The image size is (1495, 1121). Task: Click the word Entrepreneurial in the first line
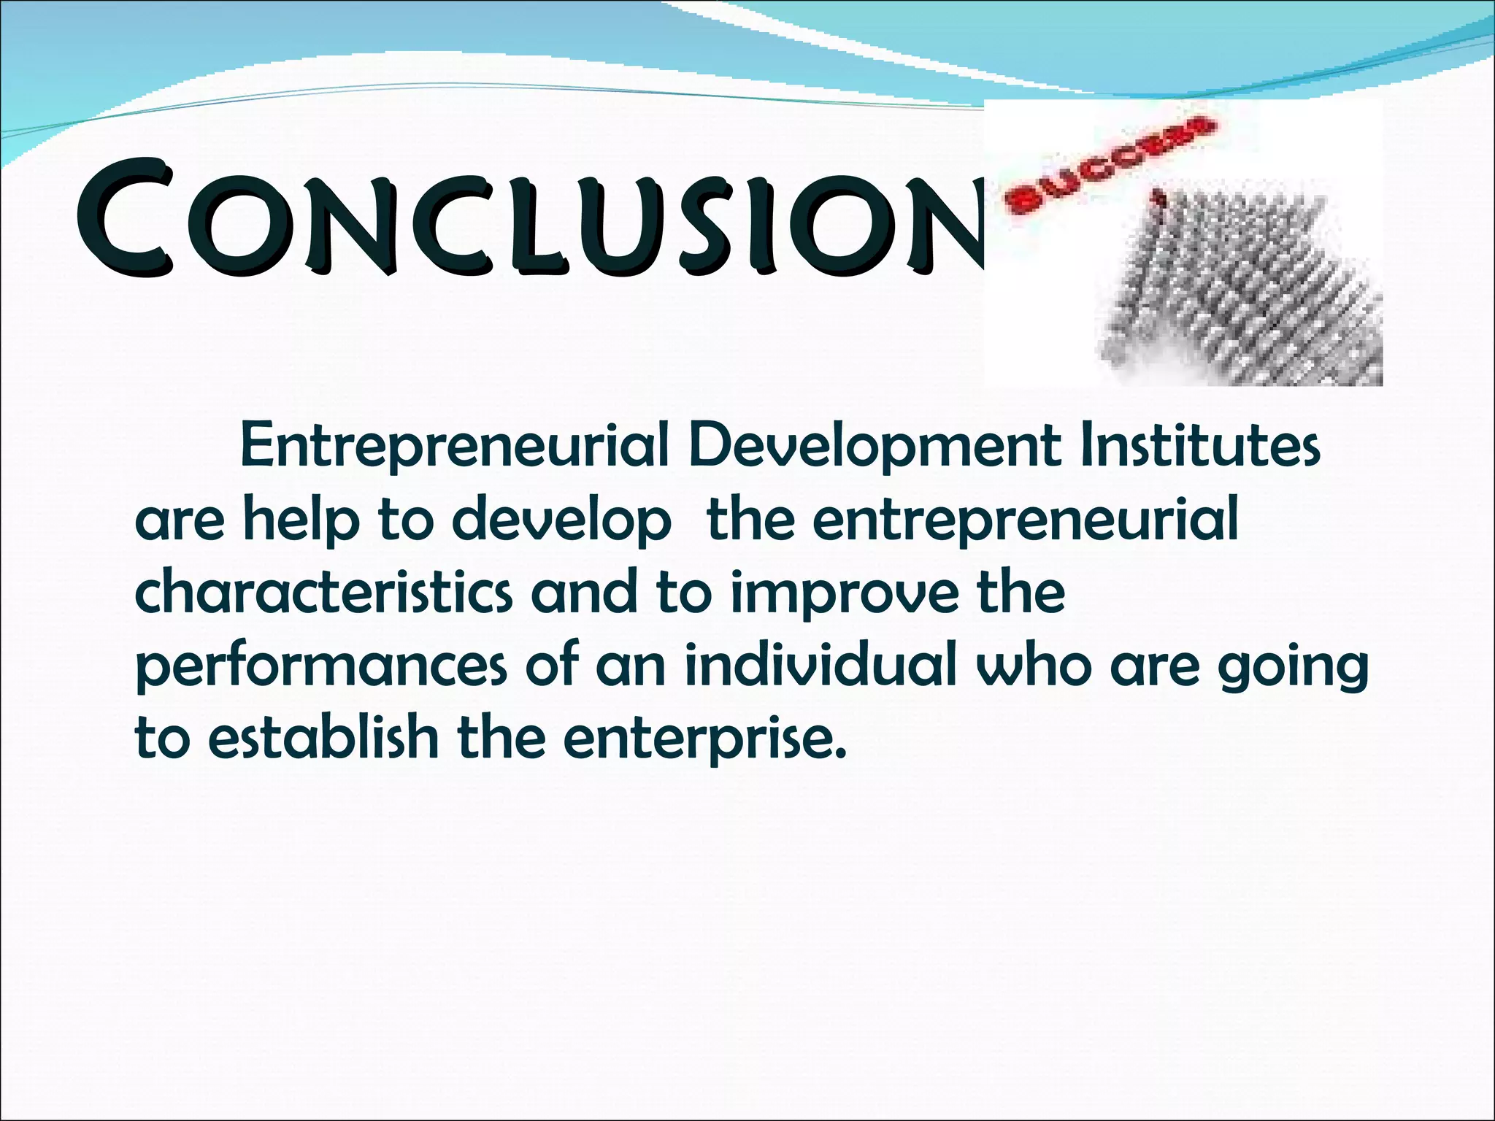(x=454, y=447)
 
